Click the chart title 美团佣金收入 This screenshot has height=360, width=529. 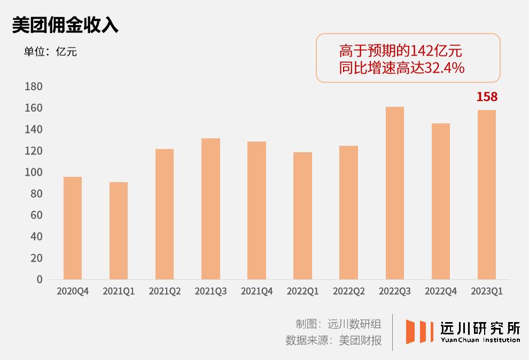(x=65, y=25)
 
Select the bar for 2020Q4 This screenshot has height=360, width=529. (x=73, y=228)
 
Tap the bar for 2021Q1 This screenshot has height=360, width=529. (x=119, y=231)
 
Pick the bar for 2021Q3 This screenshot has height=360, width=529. (x=211, y=209)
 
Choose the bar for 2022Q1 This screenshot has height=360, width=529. (x=302, y=216)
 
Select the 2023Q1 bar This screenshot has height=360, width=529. (x=486, y=195)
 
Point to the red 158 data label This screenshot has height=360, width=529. (x=487, y=97)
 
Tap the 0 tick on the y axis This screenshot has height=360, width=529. (x=39, y=279)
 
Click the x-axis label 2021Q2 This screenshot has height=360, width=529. (x=165, y=292)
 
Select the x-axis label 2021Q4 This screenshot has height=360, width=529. (x=256, y=292)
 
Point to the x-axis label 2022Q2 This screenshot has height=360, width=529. (x=348, y=292)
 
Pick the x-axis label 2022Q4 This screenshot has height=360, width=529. (x=440, y=292)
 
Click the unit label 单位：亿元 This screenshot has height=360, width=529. (x=50, y=52)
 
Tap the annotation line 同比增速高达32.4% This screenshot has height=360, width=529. (x=401, y=68)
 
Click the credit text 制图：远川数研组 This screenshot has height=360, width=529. (x=338, y=324)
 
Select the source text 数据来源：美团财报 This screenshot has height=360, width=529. (x=333, y=340)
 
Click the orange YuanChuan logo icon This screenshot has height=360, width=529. (x=419, y=331)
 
